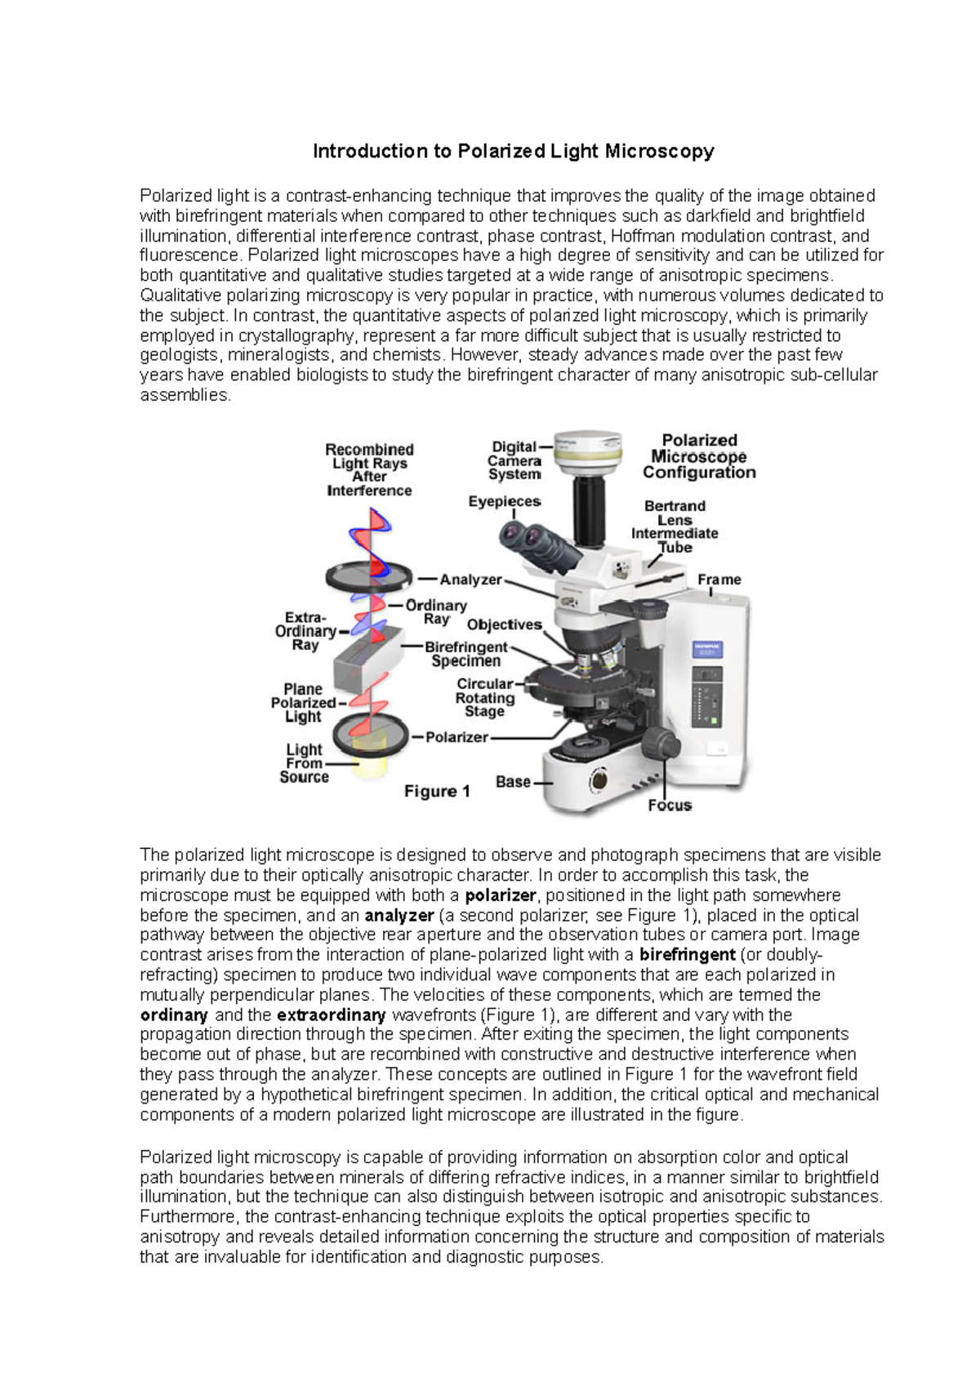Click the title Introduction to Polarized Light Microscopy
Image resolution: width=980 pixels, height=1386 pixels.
click(514, 151)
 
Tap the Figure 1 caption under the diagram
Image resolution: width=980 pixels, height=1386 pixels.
click(437, 791)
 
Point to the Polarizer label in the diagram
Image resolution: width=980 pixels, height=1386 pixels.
click(457, 737)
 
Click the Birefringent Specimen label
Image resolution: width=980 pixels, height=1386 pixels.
click(465, 654)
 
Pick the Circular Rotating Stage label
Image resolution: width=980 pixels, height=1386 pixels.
click(485, 698)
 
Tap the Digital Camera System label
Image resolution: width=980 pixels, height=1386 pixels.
click(514, 460)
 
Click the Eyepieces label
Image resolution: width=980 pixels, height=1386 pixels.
click(504, 501)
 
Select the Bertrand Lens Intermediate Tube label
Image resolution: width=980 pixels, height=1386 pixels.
click(675, 526)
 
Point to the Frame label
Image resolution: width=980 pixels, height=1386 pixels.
click(719, 580)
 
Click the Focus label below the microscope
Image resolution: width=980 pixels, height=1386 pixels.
click(670, 806)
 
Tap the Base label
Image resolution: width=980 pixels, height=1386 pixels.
click(513, 782)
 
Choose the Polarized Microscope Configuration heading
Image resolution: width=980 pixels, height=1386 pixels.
click(699, 456)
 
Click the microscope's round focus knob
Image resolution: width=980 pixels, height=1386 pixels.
click(656, 744)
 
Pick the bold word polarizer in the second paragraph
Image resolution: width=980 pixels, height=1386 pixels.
click(500, 895)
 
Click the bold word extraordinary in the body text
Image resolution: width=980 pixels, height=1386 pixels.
click(331, 1015)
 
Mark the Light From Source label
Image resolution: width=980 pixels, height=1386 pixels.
click(304, 763)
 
